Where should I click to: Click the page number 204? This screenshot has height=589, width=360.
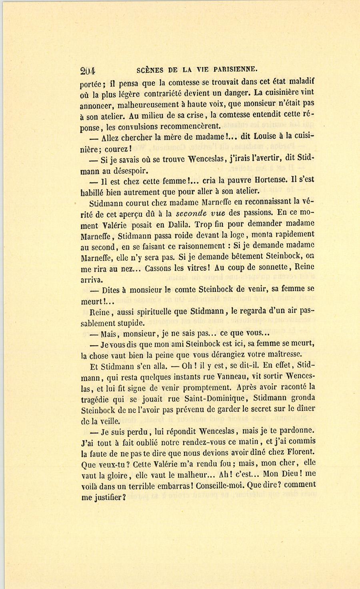[x=88, y=71]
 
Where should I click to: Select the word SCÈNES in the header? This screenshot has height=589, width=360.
[x=150, y=70]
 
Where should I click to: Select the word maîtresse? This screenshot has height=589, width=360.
[x=280, y=354]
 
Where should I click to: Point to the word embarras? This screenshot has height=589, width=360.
[x=182, y=485]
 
